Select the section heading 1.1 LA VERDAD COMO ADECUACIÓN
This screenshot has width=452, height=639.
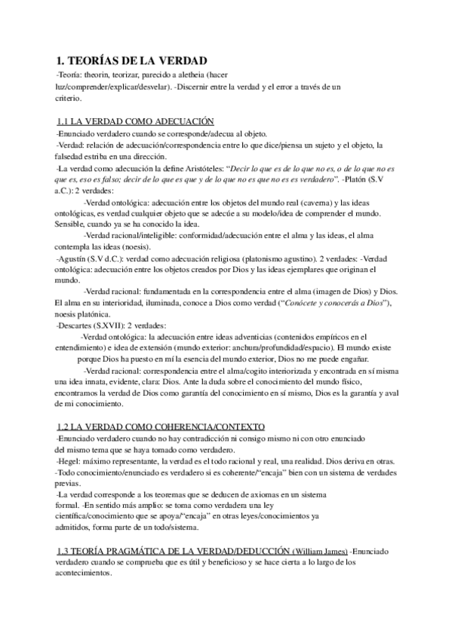tap(137, 121)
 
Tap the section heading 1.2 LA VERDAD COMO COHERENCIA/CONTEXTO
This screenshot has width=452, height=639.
tap(161, 427)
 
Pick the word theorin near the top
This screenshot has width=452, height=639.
tap(103, 77)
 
